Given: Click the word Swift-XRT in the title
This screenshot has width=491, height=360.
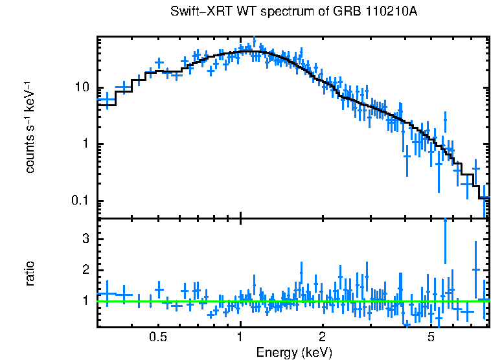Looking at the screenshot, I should (x=199, y=12).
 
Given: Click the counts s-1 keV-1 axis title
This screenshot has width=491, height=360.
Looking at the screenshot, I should (x=30, y=127).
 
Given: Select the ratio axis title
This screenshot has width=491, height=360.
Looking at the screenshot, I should (x=30, y=273).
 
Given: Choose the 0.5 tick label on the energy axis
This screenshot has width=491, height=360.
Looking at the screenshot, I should (x=157, y=337).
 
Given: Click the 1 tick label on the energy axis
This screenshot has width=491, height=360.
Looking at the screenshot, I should (x=240, y=337).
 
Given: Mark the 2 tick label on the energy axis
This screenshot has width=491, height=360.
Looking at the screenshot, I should (x=322, y=337).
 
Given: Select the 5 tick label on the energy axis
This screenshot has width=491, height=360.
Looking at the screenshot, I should (x=431, y=337).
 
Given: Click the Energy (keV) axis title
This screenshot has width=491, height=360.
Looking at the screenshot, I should (x=294, y=352).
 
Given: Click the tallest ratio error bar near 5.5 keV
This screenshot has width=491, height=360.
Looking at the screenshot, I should (x=445, y=246).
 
